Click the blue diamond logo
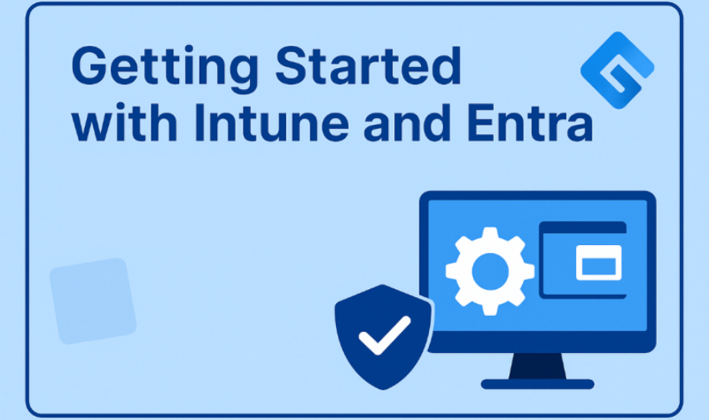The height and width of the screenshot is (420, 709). [x=617, y=69]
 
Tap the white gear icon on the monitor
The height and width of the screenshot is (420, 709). [x=490, y=271]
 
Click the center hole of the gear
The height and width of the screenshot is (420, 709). [x=490, y=271]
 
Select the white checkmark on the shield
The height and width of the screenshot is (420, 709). [x=384, y=335]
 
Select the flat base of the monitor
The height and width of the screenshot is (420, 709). [x=537, y=384]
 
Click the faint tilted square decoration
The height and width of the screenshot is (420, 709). [x=92, y=301]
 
